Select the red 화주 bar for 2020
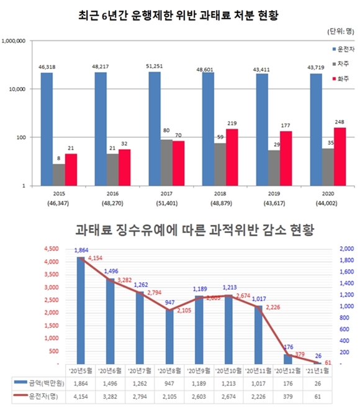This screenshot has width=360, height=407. [x=340, y=157]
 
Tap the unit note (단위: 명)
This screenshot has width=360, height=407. [x=339, y=30]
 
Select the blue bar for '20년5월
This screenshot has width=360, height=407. [x=81, y=311]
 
